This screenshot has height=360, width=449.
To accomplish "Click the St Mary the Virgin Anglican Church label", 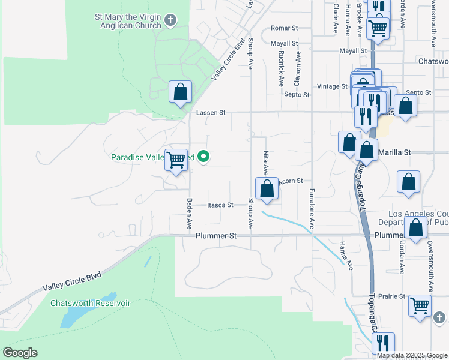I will pyautogui.click(x=128, y=22).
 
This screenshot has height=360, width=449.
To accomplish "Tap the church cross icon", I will pyautogui.click(x=170, y=22).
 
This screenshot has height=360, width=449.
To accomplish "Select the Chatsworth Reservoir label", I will pyautogui.click(x=90, y=303).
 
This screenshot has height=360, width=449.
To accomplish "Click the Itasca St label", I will pyautogui.click(x=220, y=205).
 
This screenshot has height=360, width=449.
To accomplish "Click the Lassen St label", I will pyautogui.click(x=210, y=112).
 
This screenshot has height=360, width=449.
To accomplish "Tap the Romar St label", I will pyautogui.click(x=284, y=28).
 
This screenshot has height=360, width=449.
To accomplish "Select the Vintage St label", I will pyautogui.click(x=332, y=86).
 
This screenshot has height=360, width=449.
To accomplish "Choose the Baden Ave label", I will pyautogui.click(x=188, y=214).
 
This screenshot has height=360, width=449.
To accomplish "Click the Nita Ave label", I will pyautogui.click(x=265, y=163).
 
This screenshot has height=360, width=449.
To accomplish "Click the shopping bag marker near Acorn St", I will pyautogui.click(x=267, y=189).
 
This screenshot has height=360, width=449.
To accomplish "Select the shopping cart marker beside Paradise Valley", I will pyautogui.click(x=176, y=160).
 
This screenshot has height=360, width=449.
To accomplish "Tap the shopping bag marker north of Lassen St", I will pyautogui.click(x=180, y=92).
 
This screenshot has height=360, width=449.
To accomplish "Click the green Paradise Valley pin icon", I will pyautogui.click(x=203, y=157).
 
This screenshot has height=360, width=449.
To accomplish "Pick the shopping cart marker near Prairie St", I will pyautogui.click(x=420, y=305).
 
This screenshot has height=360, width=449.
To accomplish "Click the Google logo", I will pyautogui.click(x=20, y=353).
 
